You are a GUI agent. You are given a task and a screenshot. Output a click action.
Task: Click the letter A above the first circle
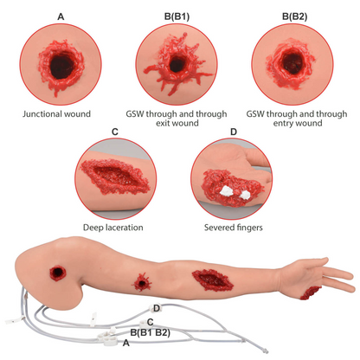point(60,16)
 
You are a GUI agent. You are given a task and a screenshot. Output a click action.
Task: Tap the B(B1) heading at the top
point(179,16)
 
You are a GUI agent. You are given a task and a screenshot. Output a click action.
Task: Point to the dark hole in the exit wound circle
point(180,64)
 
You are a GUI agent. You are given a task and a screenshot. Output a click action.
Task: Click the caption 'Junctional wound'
point(60,112)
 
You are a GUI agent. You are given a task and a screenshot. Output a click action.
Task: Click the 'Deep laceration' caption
point(114,228)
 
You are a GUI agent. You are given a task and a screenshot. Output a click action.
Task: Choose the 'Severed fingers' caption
point(234,228)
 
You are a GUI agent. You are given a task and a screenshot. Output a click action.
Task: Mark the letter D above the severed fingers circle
point(234,132)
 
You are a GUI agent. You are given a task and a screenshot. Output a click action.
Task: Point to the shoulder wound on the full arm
point(61,274)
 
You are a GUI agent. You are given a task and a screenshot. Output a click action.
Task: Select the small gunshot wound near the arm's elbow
point(143,280)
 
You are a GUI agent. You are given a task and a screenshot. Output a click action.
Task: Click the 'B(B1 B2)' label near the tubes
point(149,332)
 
